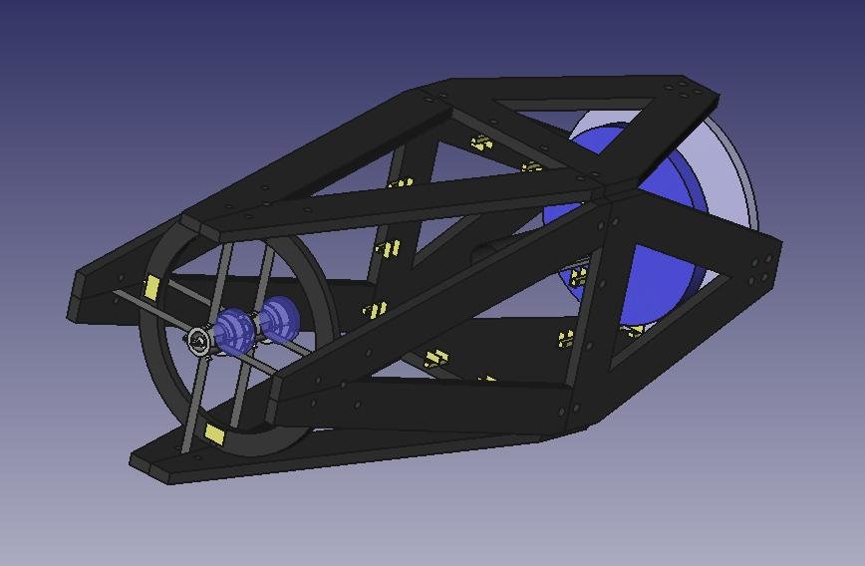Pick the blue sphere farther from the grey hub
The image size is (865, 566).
pos(279,317)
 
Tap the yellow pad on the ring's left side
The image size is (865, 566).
pos(151,288)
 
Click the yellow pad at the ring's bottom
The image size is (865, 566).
pos(214,433)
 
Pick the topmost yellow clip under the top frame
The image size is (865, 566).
pos(482,142)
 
